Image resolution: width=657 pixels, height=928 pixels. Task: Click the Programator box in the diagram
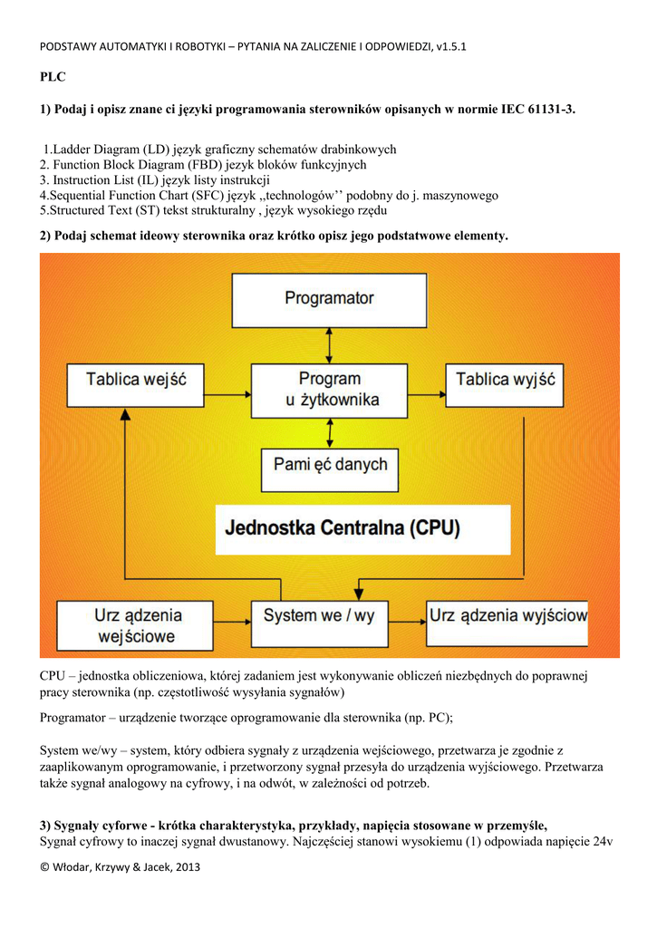329,299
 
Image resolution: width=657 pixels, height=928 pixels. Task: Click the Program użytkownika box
328,389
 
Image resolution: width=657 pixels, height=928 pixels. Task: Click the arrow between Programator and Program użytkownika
329,345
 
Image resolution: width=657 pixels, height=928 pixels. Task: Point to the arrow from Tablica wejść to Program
227,394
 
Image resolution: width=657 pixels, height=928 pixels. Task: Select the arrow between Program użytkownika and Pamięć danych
329,432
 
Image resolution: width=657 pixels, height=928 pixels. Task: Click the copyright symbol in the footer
45,867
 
